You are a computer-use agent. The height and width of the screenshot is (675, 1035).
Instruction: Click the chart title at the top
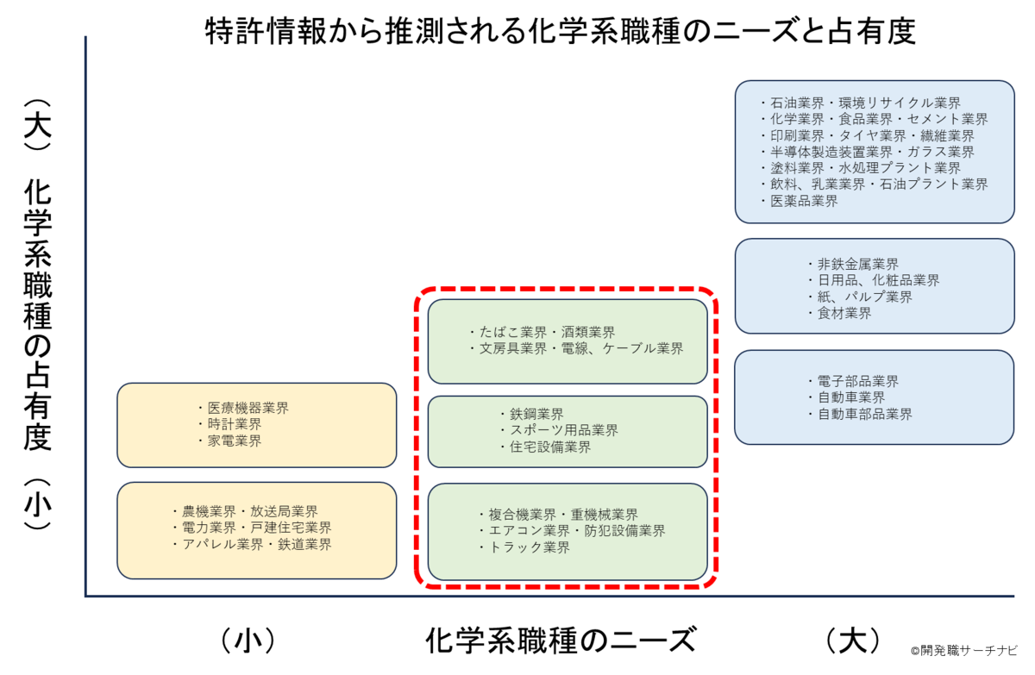(560, 31)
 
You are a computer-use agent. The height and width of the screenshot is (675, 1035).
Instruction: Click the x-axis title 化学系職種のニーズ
(560, 640)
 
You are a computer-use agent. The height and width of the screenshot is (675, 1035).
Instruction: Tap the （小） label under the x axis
(248, 641)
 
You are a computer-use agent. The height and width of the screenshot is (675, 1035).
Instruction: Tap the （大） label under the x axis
(852, 641)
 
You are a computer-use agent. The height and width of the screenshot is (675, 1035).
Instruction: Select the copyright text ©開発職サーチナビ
(964, 651)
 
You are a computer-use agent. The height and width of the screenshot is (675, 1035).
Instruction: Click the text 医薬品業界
(804, 201)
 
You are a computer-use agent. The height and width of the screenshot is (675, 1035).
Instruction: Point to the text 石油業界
(797, 103)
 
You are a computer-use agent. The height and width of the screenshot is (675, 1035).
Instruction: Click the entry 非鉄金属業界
(858, 264)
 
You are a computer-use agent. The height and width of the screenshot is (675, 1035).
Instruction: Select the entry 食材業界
(844, 314)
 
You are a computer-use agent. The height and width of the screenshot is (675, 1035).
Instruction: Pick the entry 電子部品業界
(858, 381)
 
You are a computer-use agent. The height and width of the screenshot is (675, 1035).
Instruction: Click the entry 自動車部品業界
(865, 414)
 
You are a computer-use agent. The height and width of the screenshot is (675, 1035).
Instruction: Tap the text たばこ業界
(513, 332)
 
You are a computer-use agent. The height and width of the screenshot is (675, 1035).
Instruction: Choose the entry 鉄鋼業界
(536, 414)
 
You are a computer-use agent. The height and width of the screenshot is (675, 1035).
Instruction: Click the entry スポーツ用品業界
(564, 430)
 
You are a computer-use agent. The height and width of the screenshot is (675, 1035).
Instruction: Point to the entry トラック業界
(529, 547)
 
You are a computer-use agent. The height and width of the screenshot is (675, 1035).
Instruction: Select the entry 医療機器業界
(248, 408)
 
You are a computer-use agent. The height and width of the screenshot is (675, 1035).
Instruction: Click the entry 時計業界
(235, 424)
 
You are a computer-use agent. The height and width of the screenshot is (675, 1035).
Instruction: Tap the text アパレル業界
(223, 544)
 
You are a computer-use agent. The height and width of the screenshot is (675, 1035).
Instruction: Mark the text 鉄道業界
(304, 544)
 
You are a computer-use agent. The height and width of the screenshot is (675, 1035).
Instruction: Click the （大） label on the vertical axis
(37, 125)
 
